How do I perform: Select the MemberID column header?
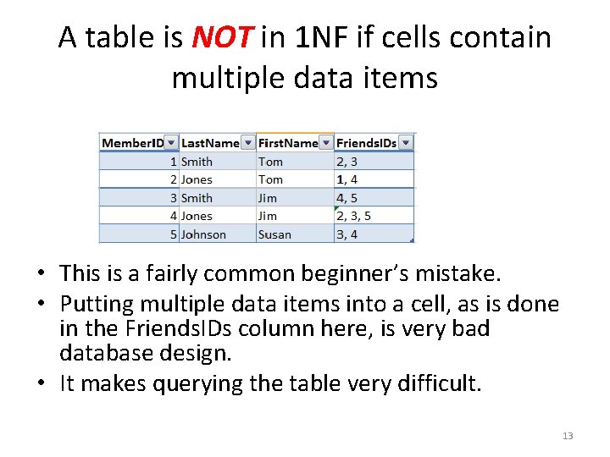pyautogui.click(x=133, y=143)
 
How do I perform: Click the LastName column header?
pyautogui.click(x=210, y=143)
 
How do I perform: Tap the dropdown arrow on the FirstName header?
pyautogui.click(x=326, y=143)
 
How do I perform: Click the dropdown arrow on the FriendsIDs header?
pyautogui.click(x=406, y=143)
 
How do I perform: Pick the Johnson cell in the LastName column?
pyautogui.click(x=203, y=234)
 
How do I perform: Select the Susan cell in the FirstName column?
pyautogui.click(x=274, y=234)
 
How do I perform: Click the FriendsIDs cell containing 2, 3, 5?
pyautogui.click(x=353, y=216)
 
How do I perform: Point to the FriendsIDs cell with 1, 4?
pyautogui.click(x=347, y=179)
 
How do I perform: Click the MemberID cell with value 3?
pyautogui.click(x=173, y=198)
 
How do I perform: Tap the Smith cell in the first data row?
pyautogui.click(x=197, y=162)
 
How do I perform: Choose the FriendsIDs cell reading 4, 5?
pyautogui.click(x=347, y=198)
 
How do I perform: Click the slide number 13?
pyautogui.click(x=567, y=436)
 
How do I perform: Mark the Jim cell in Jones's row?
pyautogui.click(x=268, y=216)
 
